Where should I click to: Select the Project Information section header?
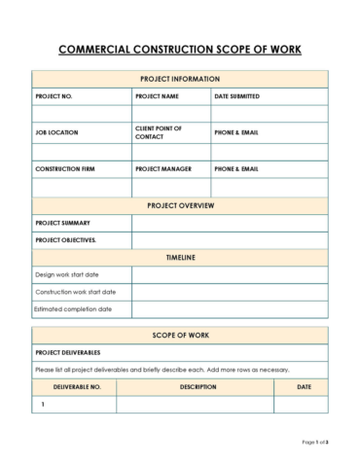pyautogui.click(x=180, y=79)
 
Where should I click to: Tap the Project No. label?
pyautogui.click(x=54, y=97)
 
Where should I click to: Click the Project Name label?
pyautogui.click(x=157, y=97)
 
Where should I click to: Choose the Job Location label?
pyautogui.click(x=56, y=132)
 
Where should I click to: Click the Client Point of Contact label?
pyautogui.click(x=159, y=132)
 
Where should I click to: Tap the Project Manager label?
pyautogui.click(x=163, y=169)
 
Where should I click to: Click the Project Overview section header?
pyautogui.click(x=180, y=206)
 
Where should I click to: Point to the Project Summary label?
pyautogui.click(x=62, y=223)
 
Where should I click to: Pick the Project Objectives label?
pyautogui.click(x=65, y=239)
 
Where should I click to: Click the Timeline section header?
pyautogui.click(x=180, y=257)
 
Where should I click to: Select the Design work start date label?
pyautogui.click(x=67, y=274)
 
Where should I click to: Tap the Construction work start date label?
pyautogui.click(x=75, y=292)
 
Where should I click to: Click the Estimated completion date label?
pyautogui.click(x=73, y=309)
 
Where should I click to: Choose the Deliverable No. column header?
pyautogui.click(x=76, y=386)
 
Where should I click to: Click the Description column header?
pyautogui.click(x=198, y=386)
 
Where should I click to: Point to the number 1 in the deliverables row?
pyautogui.click(x=43, y=404)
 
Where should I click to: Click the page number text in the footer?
pyautogui.click(x=315, y=443)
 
